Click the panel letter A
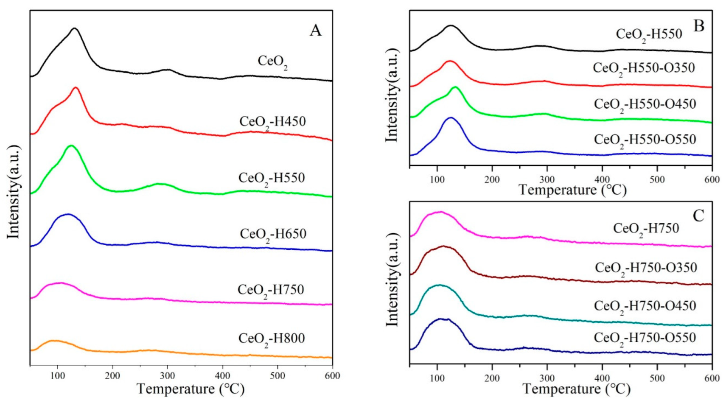[x=315, y=31]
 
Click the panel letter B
[x=698, y=26]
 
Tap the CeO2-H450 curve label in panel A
[x=272, y=122]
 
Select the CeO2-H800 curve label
[x=272, y=339]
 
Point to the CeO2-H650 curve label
[x=273, y=234]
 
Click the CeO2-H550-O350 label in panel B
[x=644, y=68]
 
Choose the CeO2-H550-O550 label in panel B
[x=645, y=140]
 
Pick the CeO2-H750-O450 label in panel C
[x=645, y=306]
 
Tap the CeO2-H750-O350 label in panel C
[x=646, y=268]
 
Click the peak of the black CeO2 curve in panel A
[x=75, y=28]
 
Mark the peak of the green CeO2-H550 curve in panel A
[x=70, y=146]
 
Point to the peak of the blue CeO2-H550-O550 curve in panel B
[x=451, y=118]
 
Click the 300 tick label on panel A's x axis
[x=168, y=376]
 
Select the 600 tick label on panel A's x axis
[x=332, y=376]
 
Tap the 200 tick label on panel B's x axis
[x=492, y=180]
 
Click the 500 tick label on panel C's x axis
[x=657, y=378]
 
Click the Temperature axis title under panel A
[x=191, y=389]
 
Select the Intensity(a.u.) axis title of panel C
[x=392, y=280]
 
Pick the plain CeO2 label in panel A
[x=272, y=62]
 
